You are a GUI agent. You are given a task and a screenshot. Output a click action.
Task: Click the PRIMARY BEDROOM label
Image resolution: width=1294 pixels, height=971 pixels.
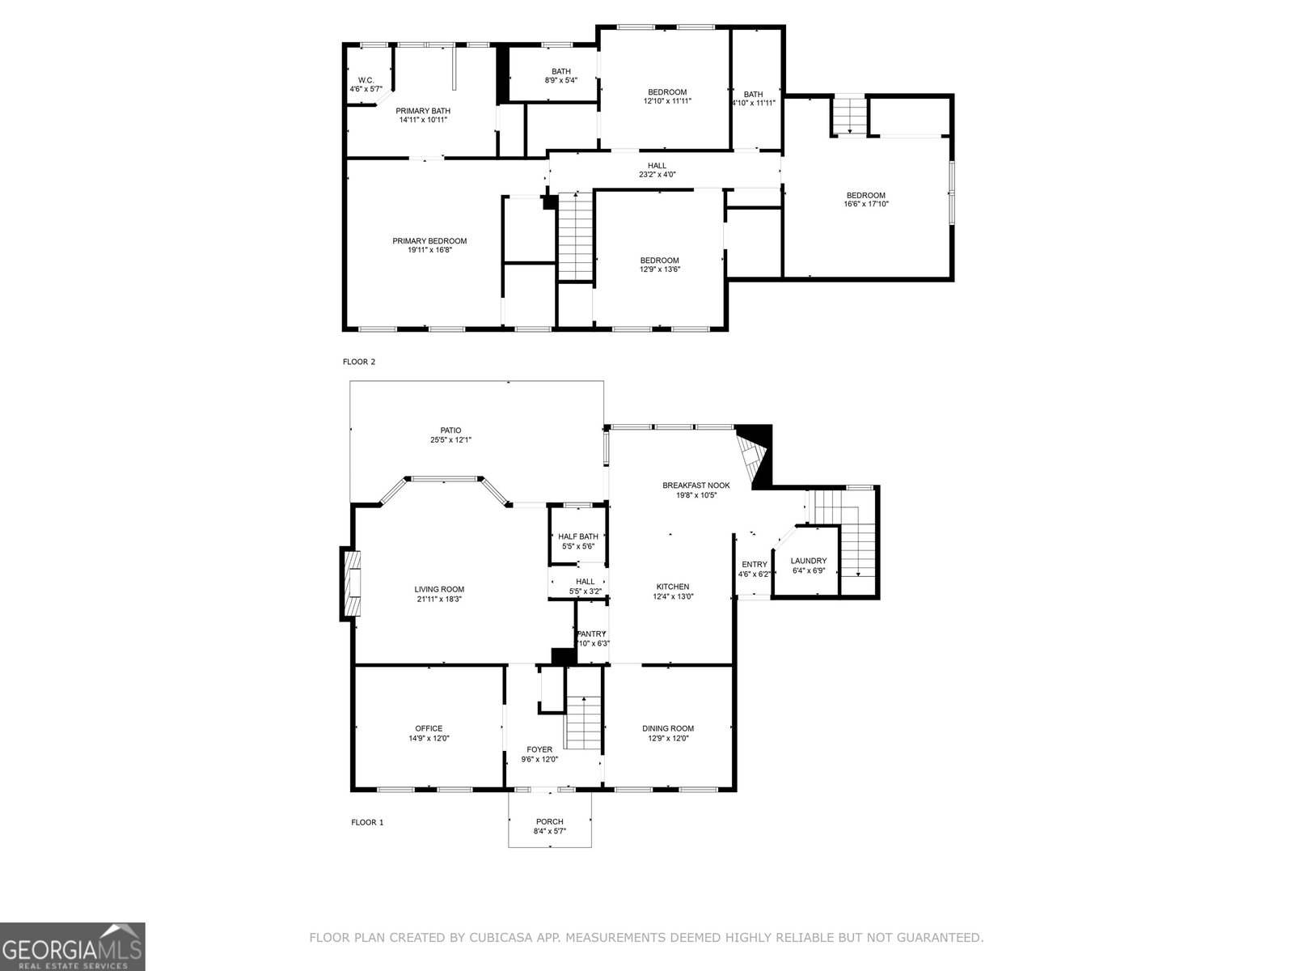click(x=429, y=240)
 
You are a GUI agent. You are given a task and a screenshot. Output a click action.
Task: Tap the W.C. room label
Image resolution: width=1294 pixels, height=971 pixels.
click(x=366, y=80)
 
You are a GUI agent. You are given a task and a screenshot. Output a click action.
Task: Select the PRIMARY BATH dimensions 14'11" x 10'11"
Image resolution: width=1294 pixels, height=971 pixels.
click(x=423, y=120)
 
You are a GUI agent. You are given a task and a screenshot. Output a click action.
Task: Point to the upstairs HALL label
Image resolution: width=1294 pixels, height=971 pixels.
click(x=657, y=166)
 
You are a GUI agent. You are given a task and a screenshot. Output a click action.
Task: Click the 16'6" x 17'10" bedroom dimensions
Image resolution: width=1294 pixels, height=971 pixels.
click(x=866, y=204)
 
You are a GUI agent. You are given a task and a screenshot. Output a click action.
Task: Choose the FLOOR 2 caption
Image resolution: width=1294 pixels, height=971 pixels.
click(x=359, y=362)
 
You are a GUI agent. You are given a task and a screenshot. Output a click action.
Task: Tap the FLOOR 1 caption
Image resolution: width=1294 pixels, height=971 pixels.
click(x=367, y=822)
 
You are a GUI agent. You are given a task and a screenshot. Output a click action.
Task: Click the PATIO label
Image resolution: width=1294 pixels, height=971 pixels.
click(x=450, y=430)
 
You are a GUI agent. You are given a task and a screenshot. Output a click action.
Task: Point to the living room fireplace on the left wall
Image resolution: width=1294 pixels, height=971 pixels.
click(x=351, y=583)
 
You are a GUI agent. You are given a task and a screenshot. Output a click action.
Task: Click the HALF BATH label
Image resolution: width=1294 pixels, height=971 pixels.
click(x=577, y=536)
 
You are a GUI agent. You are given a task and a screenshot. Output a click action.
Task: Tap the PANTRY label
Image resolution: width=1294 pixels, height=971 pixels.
click(x=591, y=634)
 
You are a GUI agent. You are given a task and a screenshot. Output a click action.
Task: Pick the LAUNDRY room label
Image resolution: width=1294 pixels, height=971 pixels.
click(x=808, y=561)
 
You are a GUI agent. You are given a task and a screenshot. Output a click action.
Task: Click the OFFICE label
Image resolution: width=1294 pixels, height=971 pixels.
click(x=429, y=728)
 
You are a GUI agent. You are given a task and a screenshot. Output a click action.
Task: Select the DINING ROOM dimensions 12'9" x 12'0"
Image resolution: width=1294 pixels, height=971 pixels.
click(x=668, y=738)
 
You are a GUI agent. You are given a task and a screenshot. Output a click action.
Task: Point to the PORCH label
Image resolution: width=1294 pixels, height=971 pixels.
click(x=549, y=821)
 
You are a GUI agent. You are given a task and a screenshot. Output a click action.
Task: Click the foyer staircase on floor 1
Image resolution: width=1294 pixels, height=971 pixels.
click(x=584, y=723)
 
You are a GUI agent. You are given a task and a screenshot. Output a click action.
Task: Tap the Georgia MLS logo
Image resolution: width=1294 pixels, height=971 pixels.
click(x=73, y=947)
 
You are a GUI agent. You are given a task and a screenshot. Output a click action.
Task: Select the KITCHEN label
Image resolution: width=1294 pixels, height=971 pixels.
click(x=673, y=587)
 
